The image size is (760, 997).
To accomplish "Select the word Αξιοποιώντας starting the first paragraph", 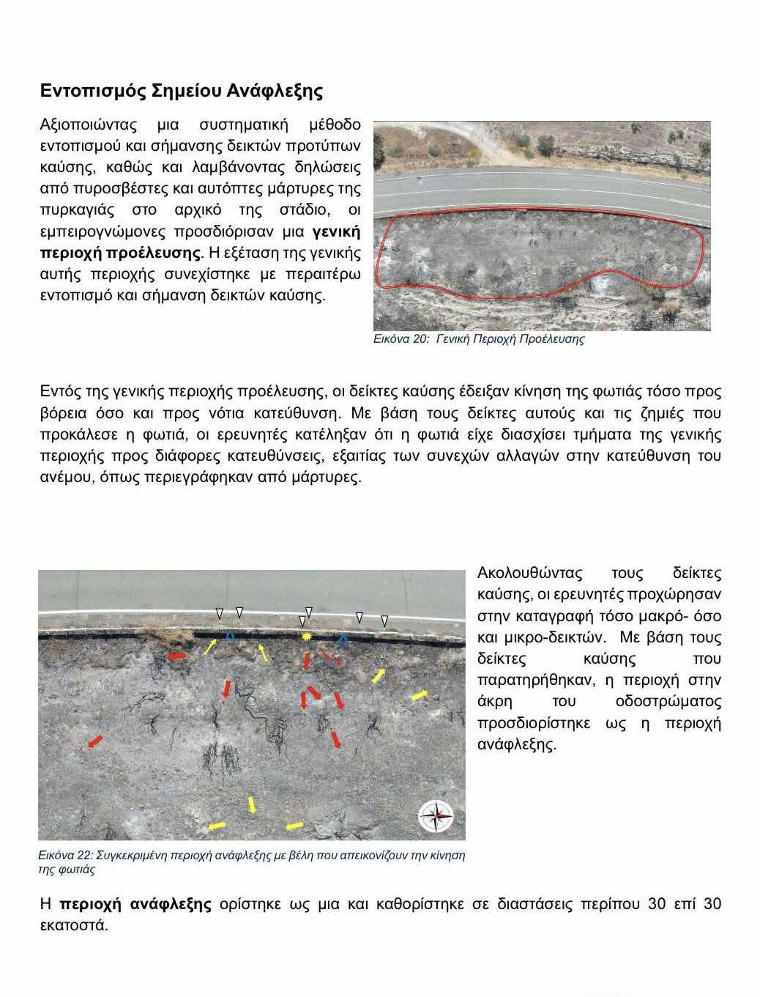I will click(x=88, y=125).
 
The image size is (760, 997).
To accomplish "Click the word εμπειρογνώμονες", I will click(x=103, y=232).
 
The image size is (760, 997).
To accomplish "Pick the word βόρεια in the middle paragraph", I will click(x=63, y=413).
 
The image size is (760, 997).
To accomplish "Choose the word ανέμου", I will click(x=66, y=478).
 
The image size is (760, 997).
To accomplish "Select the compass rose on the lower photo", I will click(x=436, y=816).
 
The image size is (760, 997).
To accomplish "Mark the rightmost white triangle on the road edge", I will click(x=384, y=621).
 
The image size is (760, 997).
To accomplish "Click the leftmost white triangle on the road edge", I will click(x=219, y=613).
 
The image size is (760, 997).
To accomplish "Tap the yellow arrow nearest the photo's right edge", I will click(x=420, y=694).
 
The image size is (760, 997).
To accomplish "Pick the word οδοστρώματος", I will click(x=668, y=702).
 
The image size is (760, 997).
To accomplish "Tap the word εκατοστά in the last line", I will click(x=73, y=925).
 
